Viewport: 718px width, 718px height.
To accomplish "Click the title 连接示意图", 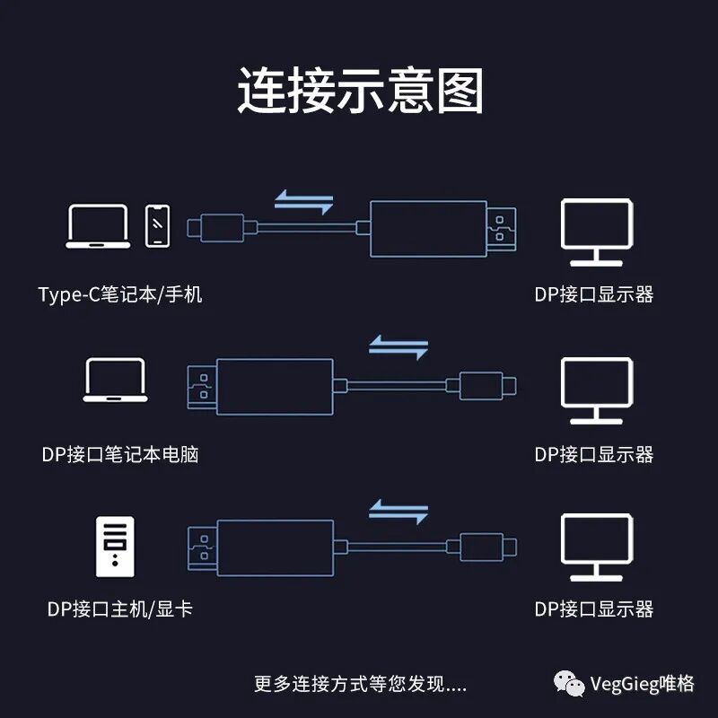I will tap(360, 91).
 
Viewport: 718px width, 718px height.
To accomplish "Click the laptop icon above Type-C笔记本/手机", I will tap(98, 225).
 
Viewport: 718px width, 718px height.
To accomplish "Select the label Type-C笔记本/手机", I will tap(120, 294).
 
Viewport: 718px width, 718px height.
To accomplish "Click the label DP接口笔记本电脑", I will tap(120, 454).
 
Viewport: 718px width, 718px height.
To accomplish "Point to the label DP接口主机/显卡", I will tap(120, 609).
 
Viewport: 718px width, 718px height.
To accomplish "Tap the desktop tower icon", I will tap(114, 546).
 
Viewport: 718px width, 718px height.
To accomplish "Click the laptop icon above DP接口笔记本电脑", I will tap(115, 380).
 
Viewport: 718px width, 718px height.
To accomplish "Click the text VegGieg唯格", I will tap(642, 684).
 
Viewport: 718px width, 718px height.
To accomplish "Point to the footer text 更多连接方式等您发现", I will tap(360, 684).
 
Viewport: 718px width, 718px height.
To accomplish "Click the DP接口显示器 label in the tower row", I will tap(594, 609).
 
